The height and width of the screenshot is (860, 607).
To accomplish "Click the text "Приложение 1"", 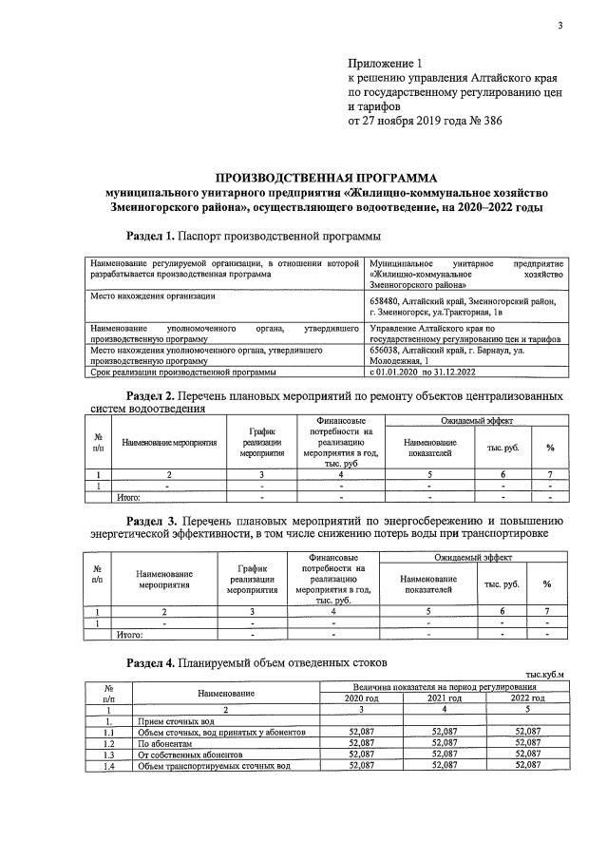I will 389,62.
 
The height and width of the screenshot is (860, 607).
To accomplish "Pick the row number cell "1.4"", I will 107,765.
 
